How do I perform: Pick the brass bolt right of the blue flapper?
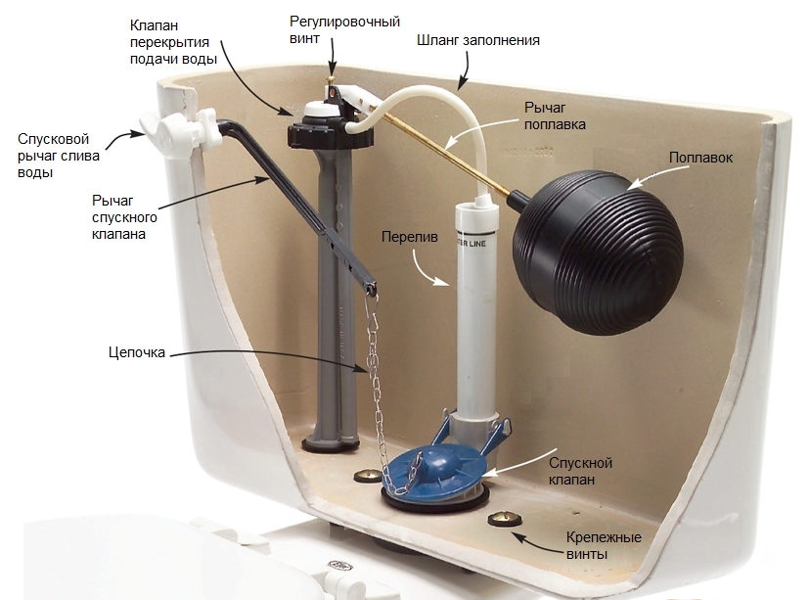click(501, 516)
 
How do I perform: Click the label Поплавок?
click(702, 157)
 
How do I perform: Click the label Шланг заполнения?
click(478, 41)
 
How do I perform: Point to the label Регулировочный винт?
click(331, 29)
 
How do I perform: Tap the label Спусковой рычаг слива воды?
click(55, 157)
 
